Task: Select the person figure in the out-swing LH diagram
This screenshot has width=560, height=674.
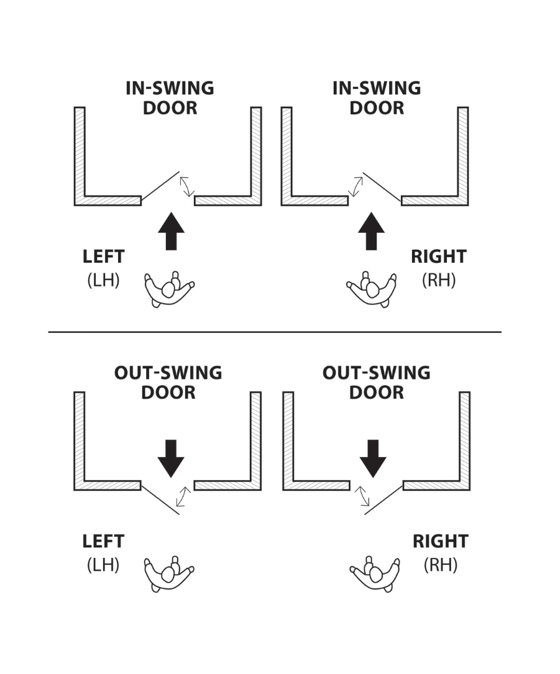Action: click(169, 573)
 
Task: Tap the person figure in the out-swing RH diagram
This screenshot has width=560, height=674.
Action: click(374, 573)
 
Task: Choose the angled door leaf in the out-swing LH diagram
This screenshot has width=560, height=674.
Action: click(161, 499)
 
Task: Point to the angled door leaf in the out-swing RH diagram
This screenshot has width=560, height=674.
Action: click(383, 500)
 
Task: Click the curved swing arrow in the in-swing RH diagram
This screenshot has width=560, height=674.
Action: click(356, 186)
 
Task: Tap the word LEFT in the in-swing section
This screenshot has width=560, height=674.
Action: click(103, 257)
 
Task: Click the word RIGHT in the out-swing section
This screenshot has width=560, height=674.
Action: click(439, 541)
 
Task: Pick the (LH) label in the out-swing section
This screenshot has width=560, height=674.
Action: click(103, 565)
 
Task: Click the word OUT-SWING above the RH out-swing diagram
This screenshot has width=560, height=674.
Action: click(377, 373)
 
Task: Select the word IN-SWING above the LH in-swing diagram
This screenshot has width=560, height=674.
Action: click(170, 88)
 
